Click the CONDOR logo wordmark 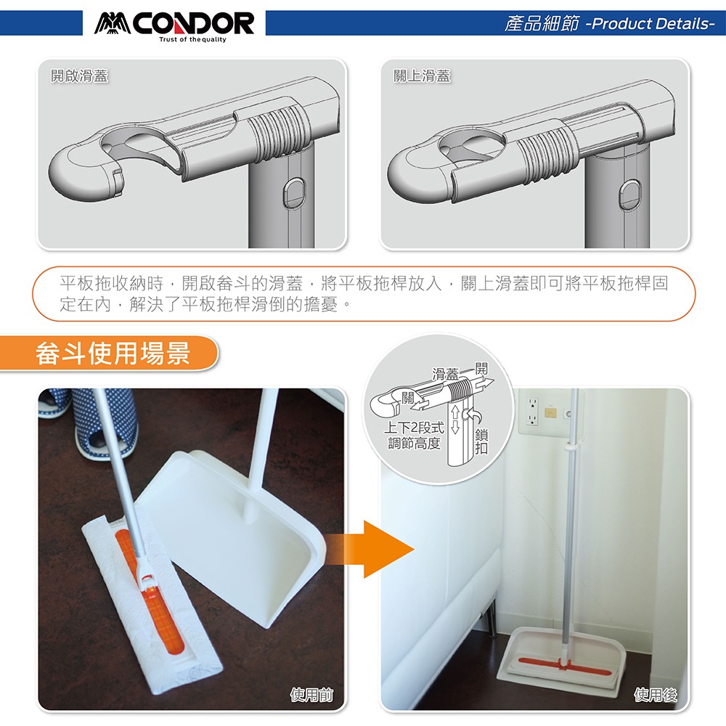pos(174,23)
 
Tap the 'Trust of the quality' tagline pos(192,40)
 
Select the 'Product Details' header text pos(653,24)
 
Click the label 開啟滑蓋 pos(79,76)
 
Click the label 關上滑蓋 pos(422,76)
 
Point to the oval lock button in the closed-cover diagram pos(630,194)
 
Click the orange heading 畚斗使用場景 pos(113,354)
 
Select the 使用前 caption pos(311,695)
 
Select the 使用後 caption pos(656,695)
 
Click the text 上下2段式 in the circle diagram pos(414,427)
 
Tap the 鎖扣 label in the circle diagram pos(481,441)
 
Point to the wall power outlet pos(533,410)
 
